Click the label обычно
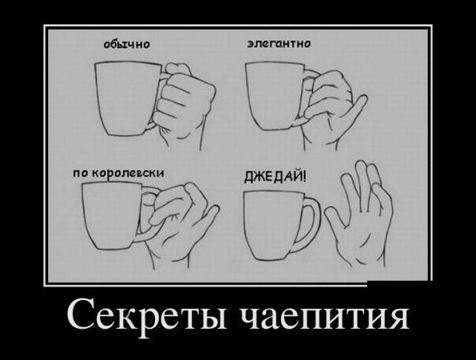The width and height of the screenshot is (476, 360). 127,44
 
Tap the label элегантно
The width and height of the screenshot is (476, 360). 279,44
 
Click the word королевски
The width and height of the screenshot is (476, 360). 128,173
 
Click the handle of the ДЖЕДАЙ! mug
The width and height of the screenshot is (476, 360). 311,224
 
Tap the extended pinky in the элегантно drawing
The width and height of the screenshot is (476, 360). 356,108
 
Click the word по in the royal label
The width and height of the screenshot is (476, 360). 80,174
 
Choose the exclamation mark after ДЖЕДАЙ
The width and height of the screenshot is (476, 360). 304,176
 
